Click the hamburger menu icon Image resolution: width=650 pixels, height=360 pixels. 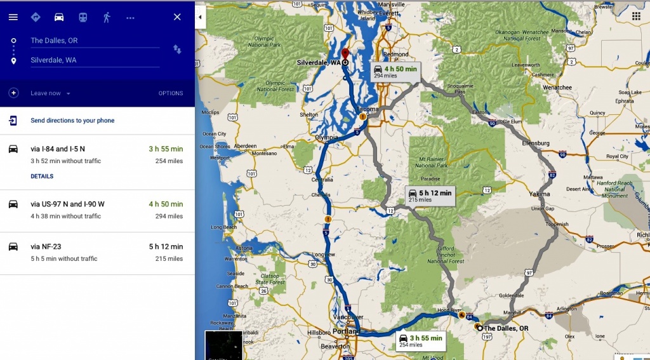coord(13,17)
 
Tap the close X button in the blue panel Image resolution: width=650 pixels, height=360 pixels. coord(177,17)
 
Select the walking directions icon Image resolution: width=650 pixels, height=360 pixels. coord(107,17)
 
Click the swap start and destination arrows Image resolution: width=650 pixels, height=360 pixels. coord(177,50)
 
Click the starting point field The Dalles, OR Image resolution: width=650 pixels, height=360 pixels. coord(94,41)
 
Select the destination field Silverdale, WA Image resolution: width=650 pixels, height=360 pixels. coord(94,60)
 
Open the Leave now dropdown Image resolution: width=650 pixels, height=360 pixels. coord(50,93)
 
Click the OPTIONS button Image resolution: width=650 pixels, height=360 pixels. coord(171,93)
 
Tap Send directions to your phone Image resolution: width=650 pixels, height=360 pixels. coord(72,121)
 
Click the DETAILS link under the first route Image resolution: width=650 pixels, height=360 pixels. coord(42,177)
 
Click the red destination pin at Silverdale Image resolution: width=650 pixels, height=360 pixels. coord(345,53)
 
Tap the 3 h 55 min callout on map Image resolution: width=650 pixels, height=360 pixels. coord(421,341)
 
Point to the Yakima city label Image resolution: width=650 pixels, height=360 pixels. coord(541,193)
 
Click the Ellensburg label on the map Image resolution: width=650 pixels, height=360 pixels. coord(535,143)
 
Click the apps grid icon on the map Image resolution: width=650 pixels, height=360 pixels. coord(636,15)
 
